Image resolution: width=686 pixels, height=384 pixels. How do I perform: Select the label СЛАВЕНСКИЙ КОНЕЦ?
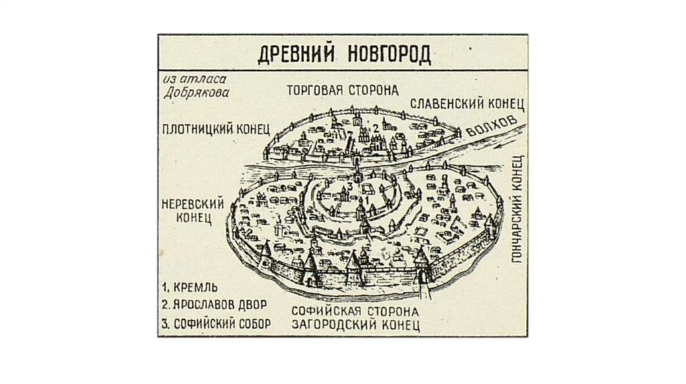(466, 104)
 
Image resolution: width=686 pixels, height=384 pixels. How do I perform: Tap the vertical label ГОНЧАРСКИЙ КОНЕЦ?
(517, 221)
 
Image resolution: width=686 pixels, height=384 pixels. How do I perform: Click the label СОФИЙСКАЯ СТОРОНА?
(356, 312)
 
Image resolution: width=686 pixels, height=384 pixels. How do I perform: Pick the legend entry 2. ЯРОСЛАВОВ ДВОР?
(214, 305)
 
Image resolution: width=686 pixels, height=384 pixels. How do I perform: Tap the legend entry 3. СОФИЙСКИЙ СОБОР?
(216, 324)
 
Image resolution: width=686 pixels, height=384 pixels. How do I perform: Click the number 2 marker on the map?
(376, 128)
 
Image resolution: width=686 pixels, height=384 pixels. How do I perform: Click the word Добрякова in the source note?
(196, 93)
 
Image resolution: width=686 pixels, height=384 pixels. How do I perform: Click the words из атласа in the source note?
(190, 80)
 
